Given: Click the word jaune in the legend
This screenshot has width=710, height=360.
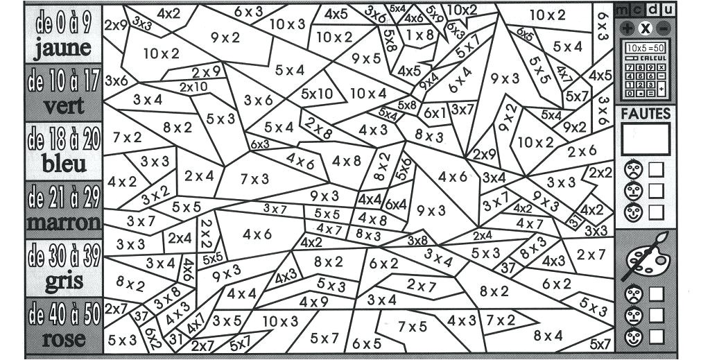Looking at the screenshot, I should point(62,48).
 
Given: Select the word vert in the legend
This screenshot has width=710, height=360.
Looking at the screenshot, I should point(64,107).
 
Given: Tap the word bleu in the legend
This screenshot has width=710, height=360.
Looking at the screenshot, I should point(64,164).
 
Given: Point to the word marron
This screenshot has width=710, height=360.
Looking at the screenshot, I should point(64,223).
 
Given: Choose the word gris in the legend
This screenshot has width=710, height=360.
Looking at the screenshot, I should point(64,282).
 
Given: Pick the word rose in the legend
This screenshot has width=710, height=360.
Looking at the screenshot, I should point(64,339).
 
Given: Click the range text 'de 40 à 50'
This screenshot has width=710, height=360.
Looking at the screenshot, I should point(64,316).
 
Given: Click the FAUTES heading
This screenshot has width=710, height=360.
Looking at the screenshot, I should point(646,113).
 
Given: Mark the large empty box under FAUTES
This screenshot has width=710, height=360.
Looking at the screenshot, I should point(646,139).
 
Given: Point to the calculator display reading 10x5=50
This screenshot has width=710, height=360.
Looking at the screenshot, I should point(645,48).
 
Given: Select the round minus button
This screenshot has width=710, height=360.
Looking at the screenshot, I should point(664,28).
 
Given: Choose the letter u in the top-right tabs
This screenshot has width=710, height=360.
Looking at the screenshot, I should point(668,9).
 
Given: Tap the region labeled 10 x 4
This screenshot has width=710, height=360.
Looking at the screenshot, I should point(367,93).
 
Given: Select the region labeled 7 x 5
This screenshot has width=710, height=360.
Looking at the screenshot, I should point(413,326).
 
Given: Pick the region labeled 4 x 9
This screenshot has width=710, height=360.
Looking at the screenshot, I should point(314,302).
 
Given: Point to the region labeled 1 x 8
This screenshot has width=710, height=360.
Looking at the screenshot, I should point(419,35).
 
